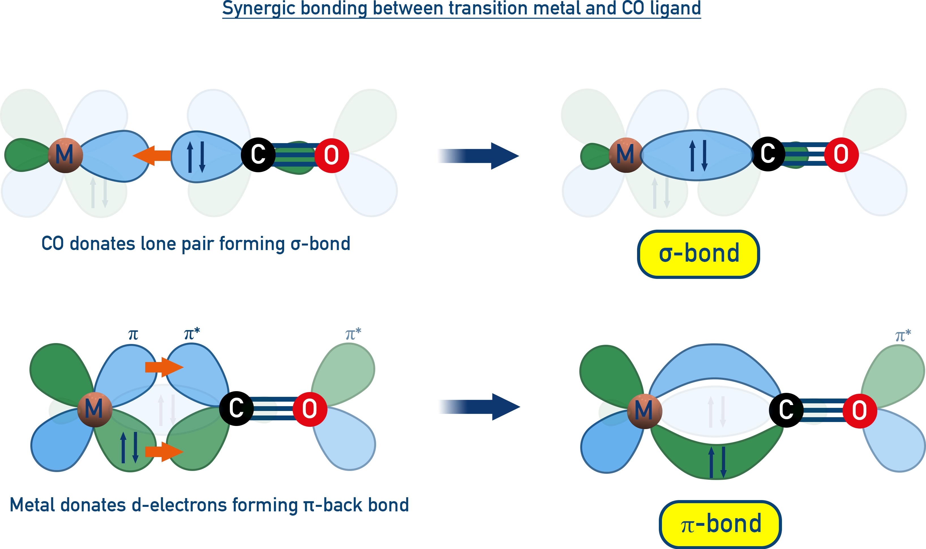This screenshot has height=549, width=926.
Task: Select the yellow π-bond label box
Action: pyautogui.click(x=720, y=524)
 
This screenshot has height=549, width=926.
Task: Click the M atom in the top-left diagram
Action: pyautogui.click(x=65, y=155)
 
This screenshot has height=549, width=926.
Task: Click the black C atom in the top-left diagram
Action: pyautogui.click(x=258, y=155)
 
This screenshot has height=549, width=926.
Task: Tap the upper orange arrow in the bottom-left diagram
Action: pyautogui.click(x=164, y=367)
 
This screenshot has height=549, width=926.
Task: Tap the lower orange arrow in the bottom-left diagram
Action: pyautogui.click(x=164, y=452)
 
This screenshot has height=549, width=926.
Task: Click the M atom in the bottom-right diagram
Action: pyautogui.click(x=644, y=411)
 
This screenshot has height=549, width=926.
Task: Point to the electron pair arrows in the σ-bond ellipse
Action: pyautogui.click(x=698, y=155)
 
